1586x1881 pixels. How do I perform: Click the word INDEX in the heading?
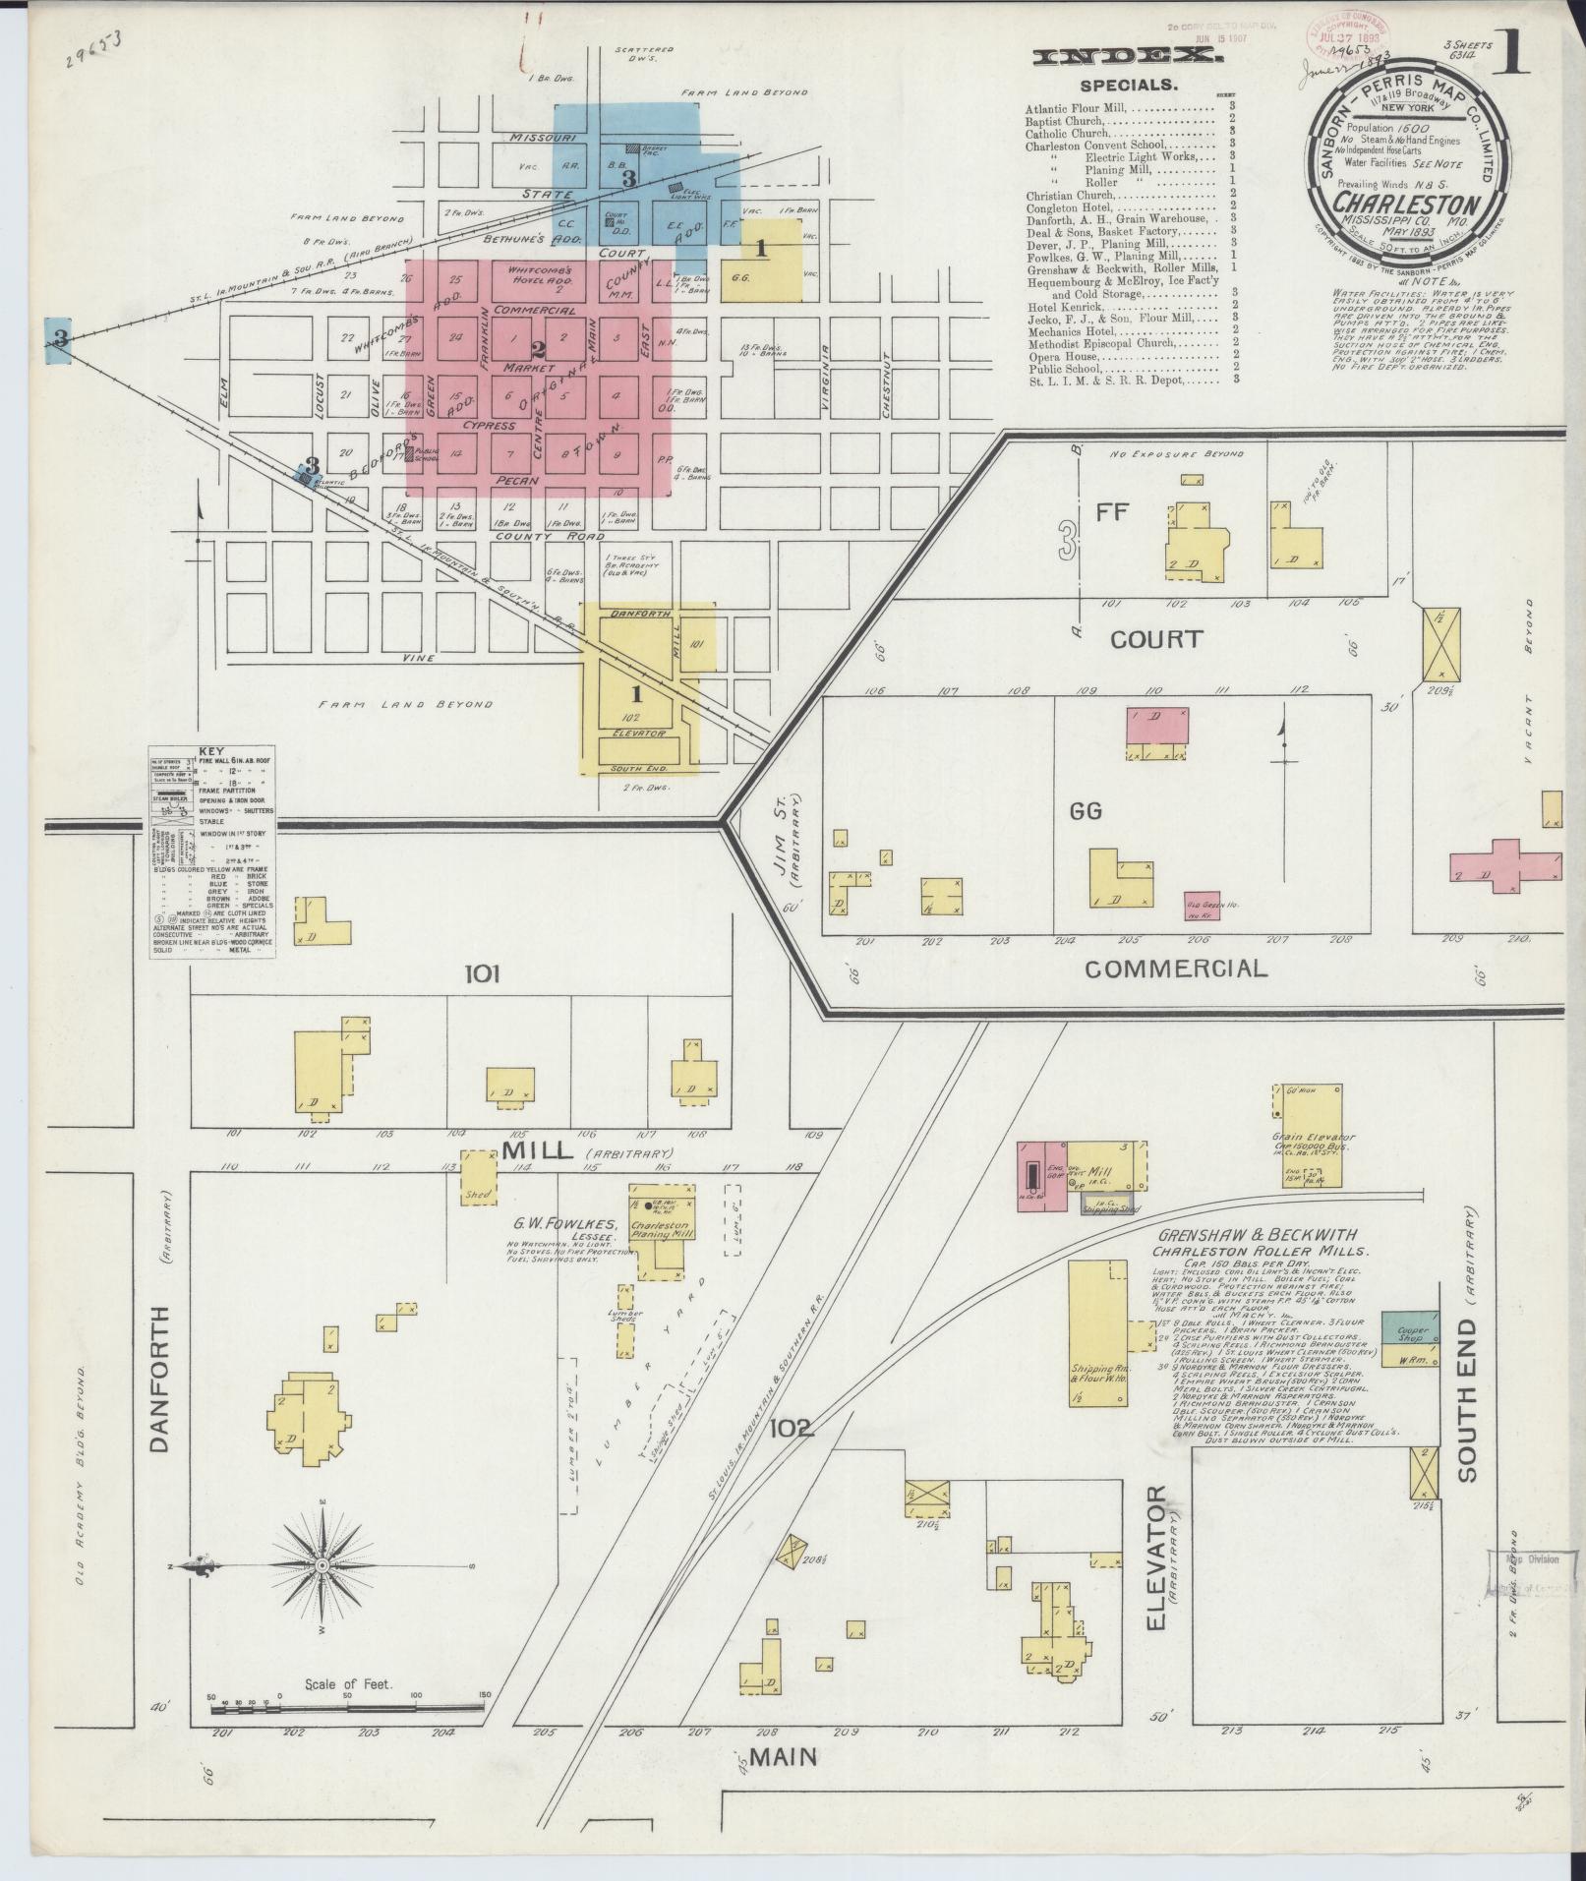point(1129,58)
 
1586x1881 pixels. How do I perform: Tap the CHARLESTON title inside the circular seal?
point(1406,206)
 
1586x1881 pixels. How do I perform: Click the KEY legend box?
point(212,850)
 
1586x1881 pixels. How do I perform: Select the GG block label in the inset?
point(1087,811)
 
